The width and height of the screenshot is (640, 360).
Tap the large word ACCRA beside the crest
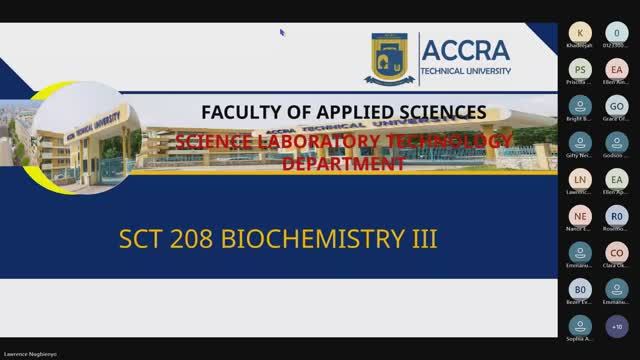(465, 50)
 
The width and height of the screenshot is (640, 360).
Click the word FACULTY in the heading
(242, 111)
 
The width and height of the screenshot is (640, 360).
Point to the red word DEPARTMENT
(343, 162)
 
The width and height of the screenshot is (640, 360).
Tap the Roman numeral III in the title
(424, 240)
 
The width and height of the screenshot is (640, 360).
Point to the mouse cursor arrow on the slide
(282, 32)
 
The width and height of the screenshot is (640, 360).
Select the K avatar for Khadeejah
(580, 32)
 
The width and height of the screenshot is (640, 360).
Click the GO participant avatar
(617, 106)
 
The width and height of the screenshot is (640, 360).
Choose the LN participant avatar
(580, 179)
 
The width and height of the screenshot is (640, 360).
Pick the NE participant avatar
(580, 216)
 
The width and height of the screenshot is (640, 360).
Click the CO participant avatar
(617, 252)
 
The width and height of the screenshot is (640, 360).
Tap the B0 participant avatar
(580, 289)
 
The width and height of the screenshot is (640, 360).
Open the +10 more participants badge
(617, 326)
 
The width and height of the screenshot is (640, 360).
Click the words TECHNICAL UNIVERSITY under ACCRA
(465, 72)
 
